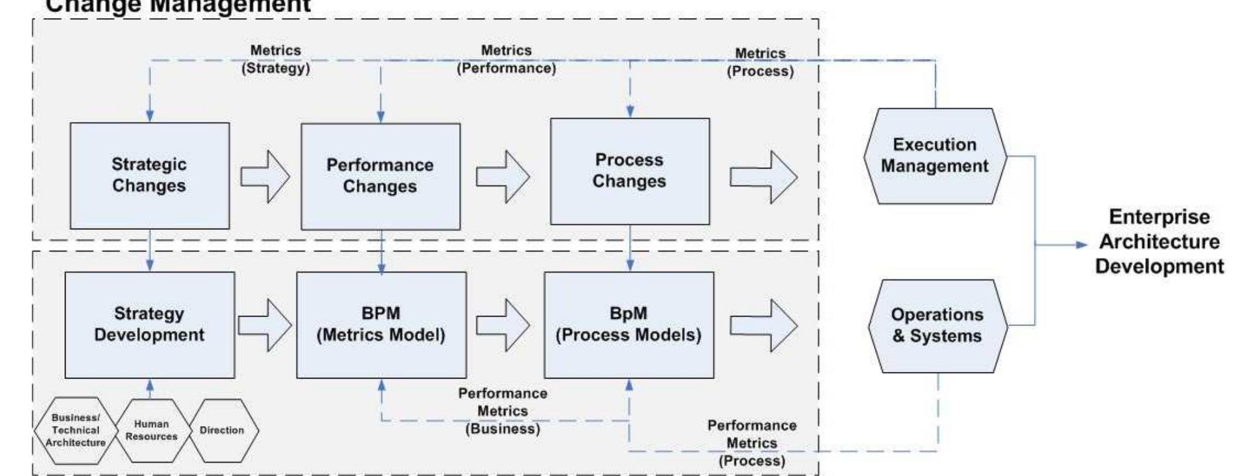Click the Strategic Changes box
(x=149, y=175)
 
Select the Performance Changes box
(x=380, y=176)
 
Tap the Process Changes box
(x=629, y=171)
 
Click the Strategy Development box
(x=149, y=324)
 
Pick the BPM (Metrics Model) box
(x=381, y=324)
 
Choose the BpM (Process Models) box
(x=628, y=324)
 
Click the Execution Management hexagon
(x=935, y=156)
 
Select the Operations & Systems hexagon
(x=937, y=326)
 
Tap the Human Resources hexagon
(x=152, y=430)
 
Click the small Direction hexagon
(x=222, y=430)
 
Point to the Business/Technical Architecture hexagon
(x=75, y=430)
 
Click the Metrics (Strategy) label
(x=275, y=59)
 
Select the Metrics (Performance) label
(x=506, y=59)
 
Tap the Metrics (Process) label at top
(x=760, y=62)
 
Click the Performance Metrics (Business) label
(x=503, y=411)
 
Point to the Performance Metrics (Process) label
(x=752, y=443)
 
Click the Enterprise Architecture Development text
(x=1159, y=241)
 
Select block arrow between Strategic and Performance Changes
(x=265, y=176)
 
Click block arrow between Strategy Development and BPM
(x=265, y=325)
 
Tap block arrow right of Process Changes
(x=763, y=177)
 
